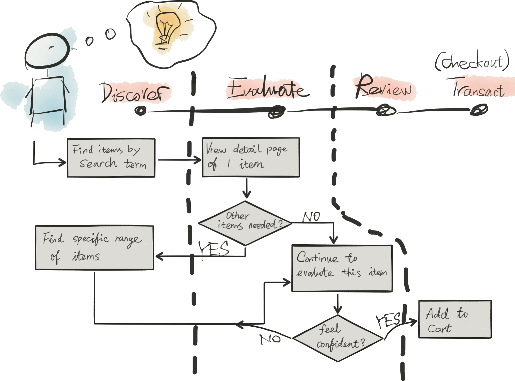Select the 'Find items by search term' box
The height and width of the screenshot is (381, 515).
(111, 158)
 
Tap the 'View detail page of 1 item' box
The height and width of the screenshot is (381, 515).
(251, 157)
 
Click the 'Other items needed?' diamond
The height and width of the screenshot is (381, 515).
(245, 223)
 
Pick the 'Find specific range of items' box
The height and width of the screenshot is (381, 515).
(94, 247)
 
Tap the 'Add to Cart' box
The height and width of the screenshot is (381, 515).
(454, 319)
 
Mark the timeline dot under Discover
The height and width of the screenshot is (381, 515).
(141, 111)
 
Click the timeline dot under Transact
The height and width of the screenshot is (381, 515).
(479, 110)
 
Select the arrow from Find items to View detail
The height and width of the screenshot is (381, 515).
(179, 160)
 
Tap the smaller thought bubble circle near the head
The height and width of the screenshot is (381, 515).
(90, 41)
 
